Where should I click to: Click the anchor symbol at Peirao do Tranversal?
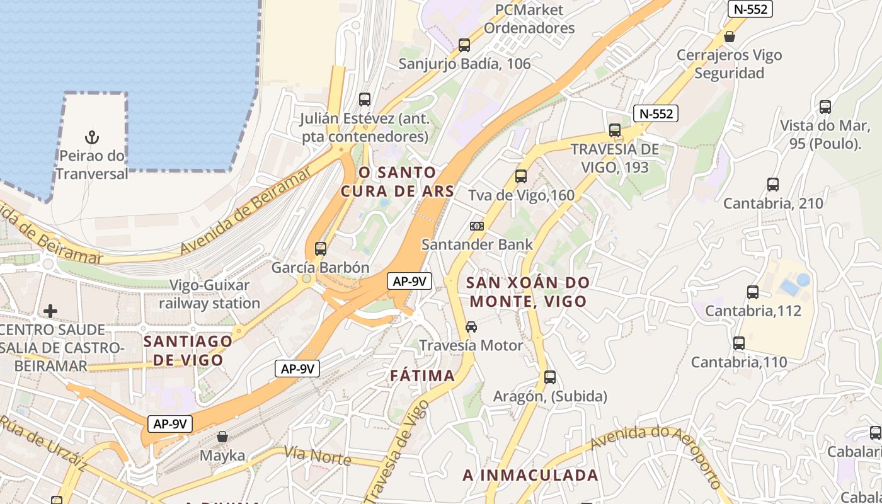92,137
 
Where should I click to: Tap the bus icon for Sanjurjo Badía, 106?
464,45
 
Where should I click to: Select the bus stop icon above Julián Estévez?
365,100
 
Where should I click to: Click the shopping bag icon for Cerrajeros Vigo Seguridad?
730,37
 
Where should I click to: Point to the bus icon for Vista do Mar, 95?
825,107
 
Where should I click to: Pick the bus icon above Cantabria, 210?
773,185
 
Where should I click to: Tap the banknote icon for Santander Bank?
477,226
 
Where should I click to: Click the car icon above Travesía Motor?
471,327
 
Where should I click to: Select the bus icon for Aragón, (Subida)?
550,377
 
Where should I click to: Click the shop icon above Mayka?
222,437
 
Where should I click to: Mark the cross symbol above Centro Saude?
50,311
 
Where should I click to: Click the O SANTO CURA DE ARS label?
398,181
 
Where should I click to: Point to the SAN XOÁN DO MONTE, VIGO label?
529,292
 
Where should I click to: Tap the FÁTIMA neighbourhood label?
422,376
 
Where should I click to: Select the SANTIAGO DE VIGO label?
188,350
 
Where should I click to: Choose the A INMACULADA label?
530,475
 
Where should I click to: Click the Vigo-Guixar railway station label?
209,294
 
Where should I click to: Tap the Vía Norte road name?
317,455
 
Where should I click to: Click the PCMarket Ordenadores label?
529,19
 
